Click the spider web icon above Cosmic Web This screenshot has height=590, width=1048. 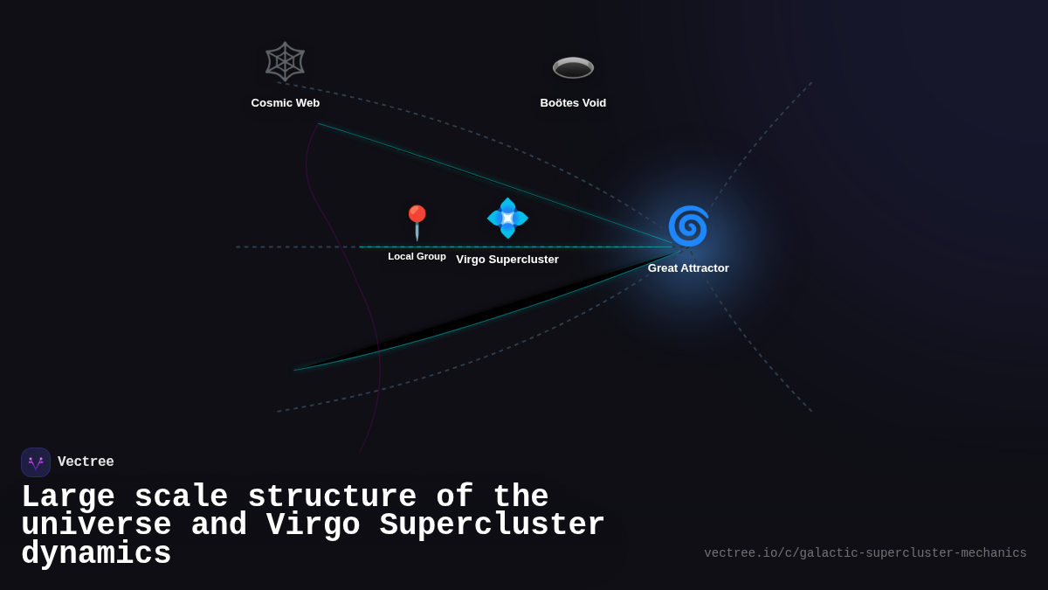tap(285, 62)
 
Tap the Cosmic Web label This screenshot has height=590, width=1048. tap(286, 103)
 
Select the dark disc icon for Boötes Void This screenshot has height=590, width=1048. tap(573, 67)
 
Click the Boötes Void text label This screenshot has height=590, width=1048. tap(573, 103)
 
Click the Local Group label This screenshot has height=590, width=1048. tap(417, 256)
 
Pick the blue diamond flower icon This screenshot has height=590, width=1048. tap(507, 218)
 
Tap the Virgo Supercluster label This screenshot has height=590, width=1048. tap(507, 260)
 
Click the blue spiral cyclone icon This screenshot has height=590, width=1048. tap(688, 226)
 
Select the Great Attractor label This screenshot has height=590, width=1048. tap(688, 268)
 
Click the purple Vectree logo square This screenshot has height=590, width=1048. tap(36, 462)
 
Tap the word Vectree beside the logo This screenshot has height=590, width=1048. tap(86, 462)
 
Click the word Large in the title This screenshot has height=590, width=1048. tap(68, 497)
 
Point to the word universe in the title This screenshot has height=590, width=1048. tap(96, 525)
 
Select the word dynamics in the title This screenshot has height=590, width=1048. tap(96, 554)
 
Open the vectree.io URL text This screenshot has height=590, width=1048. tap(865, 553)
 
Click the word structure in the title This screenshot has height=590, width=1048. tap(332, 497)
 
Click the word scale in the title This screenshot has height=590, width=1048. tap(181, 497)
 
